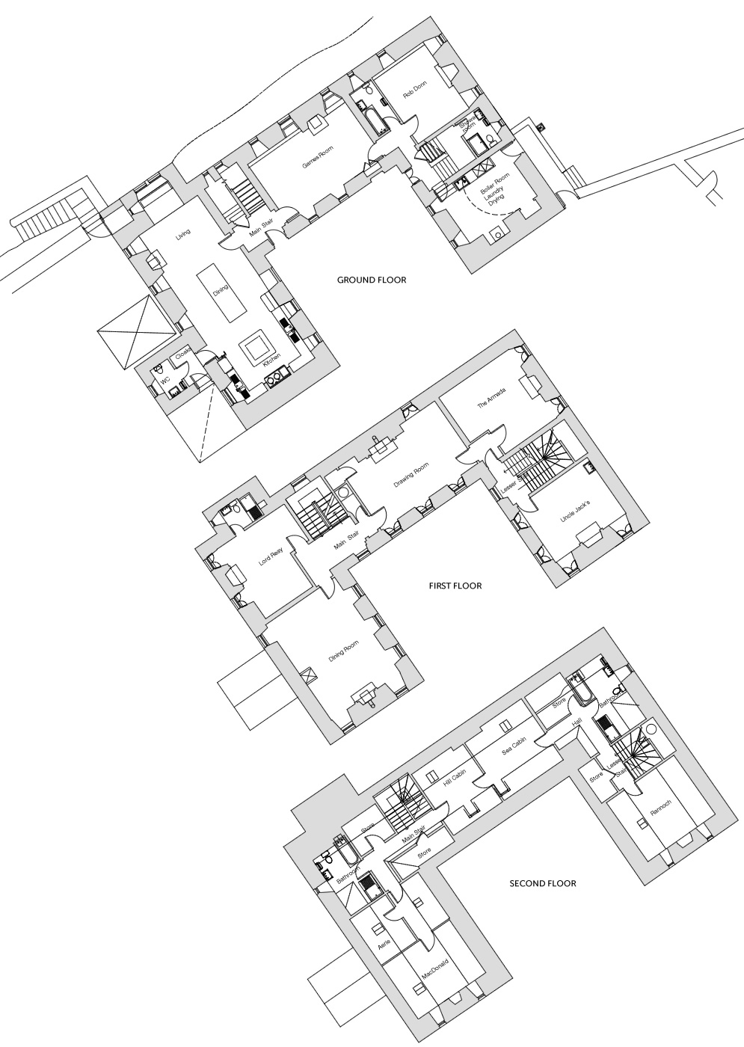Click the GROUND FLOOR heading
(x=371, y=280)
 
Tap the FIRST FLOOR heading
(x=455, y=586)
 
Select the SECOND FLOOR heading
(x=543, y=883)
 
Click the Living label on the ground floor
(x=183, y=237)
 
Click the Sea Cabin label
(x=514, y=749)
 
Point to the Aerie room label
(x=385, y=947)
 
